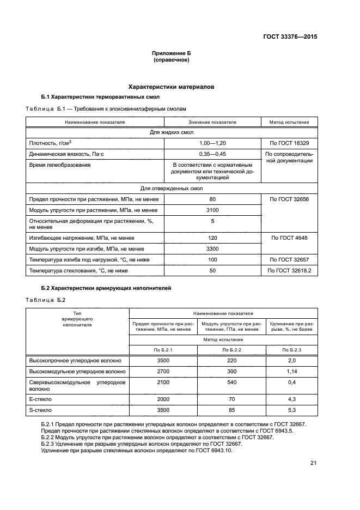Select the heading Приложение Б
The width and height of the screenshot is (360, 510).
point(172,53)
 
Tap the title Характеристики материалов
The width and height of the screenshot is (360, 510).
point(171,87)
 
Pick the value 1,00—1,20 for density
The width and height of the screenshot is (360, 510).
point(212,143)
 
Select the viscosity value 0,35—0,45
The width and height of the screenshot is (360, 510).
point(212,154)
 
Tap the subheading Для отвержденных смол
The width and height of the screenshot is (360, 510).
point(172,189)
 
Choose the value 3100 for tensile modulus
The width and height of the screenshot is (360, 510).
point(212,210)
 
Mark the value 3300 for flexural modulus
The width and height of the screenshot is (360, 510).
point(212,249)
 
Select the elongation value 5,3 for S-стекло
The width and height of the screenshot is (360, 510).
point(291,410)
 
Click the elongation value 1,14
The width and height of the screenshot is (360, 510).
point(291,371)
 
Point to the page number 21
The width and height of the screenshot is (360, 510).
point(313,463)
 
